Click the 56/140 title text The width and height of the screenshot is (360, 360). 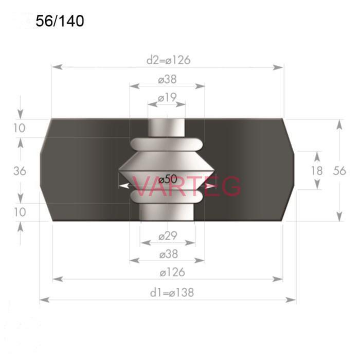(x=60, y=21)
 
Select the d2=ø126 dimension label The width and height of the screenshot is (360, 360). (x=168, y=60)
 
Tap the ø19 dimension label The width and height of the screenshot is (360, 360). (x=167, y=98)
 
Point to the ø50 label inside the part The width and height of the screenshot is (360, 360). (x=168, y=179)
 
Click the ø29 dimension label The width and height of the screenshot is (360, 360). (x=168, y=236)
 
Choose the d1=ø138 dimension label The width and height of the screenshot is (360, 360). (x=172, y=293)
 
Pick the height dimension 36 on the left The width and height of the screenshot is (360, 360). (x=20, y=171)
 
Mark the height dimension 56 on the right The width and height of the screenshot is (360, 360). (x=339, y=171)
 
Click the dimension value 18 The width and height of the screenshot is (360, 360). (x=317, y=171)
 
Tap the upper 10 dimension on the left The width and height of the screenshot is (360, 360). (x=20, y=128)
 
